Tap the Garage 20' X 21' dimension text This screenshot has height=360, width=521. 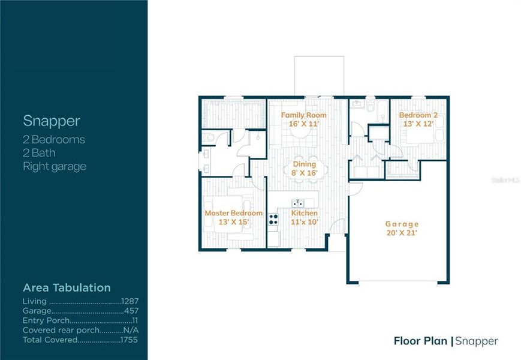(x=401, y=233)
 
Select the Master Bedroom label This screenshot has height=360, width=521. (x=233, y=213)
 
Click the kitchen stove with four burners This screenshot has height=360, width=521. (x=273, y=220)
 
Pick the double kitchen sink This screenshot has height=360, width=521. (x=297, y=203)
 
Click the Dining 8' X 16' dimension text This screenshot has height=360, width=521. (x=304, y=173)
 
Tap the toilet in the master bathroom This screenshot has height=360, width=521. (x=206, y=138)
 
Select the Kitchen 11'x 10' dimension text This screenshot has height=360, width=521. (x=304, y=221)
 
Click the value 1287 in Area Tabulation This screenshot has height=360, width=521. (x=130, y=301)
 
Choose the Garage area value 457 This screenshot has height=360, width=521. (x=132, y=311)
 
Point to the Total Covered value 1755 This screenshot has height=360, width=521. (x=130, y=340)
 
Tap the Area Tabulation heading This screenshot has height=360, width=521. (x=67, y=287)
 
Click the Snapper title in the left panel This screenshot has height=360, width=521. (x=51, y=121)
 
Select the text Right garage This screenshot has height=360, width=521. (x=54, y=166)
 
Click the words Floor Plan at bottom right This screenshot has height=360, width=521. (x=420, y=341)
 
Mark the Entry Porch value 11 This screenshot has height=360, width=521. (x=135, y=320)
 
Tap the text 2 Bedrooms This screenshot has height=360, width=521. (x=53, y=140)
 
